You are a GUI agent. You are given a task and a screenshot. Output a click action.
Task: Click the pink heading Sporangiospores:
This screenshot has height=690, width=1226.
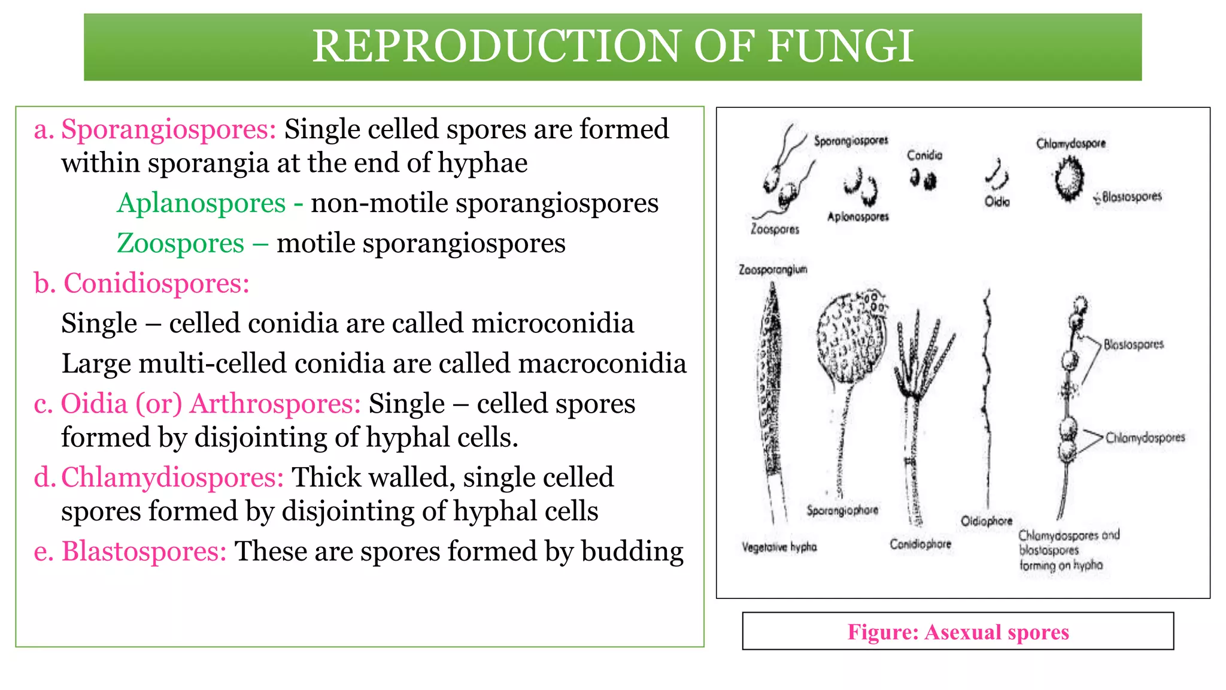click(x=168, y=129)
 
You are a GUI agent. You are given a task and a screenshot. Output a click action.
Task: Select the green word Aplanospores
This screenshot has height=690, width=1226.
click(x=201, y=203)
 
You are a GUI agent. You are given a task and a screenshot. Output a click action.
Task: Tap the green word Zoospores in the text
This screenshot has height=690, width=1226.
click(x=180, y=243)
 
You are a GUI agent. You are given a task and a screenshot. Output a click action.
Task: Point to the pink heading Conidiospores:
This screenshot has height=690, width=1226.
click(x=156, y=283)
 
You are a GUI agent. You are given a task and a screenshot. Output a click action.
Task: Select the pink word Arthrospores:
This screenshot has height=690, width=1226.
click(x=275, y=404)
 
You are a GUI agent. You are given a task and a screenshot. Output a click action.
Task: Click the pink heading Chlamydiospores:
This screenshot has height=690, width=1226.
click(x=172, y=477)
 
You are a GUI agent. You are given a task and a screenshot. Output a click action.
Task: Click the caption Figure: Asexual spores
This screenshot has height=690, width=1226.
click(x=958, y=632)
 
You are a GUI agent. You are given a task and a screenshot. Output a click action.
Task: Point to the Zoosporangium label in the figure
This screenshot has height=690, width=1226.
click(x=773, y=270)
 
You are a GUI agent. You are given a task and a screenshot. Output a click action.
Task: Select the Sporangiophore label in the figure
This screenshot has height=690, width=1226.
click(x=842, y=510)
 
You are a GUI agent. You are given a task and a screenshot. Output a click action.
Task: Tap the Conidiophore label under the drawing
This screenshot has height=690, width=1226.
click(x=920, y=544)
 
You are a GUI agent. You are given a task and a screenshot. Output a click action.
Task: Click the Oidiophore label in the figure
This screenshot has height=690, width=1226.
click(x=987, y=520)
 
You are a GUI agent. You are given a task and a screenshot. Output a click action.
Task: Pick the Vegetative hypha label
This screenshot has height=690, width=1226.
click(x=779, y=547)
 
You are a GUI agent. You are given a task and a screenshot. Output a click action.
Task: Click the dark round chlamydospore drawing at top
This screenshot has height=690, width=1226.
click(x=1069, y=178)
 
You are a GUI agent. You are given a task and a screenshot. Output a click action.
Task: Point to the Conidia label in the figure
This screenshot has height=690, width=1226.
click(x=924, y=156)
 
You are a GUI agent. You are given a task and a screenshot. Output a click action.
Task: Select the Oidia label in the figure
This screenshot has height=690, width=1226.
click(x=997, y=202)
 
